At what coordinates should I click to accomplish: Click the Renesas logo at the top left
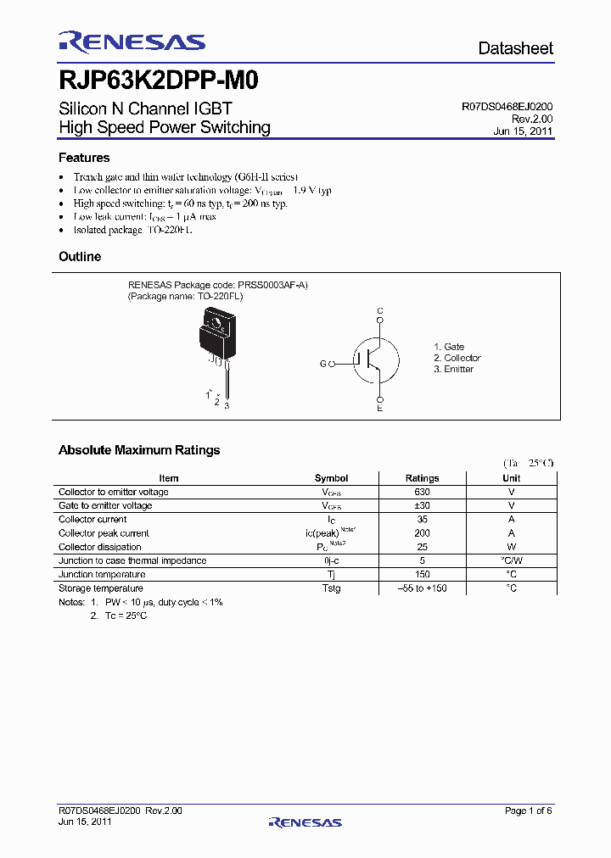(x=132, y=42)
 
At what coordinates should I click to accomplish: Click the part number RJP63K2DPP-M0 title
(x=159, y=81)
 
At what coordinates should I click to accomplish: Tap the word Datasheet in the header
(x=515, y=48)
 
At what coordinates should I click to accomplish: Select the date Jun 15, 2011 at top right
(x=523, y=132)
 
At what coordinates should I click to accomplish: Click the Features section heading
(x=84, y=158)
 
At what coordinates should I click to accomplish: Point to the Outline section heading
(x=80, y=257)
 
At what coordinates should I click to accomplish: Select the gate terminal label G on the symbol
(x=322, y=364)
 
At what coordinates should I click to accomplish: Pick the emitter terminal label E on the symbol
(x=380, y=409)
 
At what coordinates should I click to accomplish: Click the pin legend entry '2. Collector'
(x=457, y=358)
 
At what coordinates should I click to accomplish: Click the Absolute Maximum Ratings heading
(x=139, y=450)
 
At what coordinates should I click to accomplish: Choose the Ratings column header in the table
(x=422, y=478)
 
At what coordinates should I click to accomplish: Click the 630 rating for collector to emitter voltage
(x=422, y=492)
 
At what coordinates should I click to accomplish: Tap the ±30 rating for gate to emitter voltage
(x=422, y=505)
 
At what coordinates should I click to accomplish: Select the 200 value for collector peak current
(x=422, y=533)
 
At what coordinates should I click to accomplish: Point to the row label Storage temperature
(x=101, y=588)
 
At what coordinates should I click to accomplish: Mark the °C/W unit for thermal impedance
(x=512, y=560)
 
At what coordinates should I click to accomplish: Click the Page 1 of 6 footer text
(x=528, y=811)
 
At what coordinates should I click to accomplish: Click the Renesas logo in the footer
(x=305, y=822)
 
